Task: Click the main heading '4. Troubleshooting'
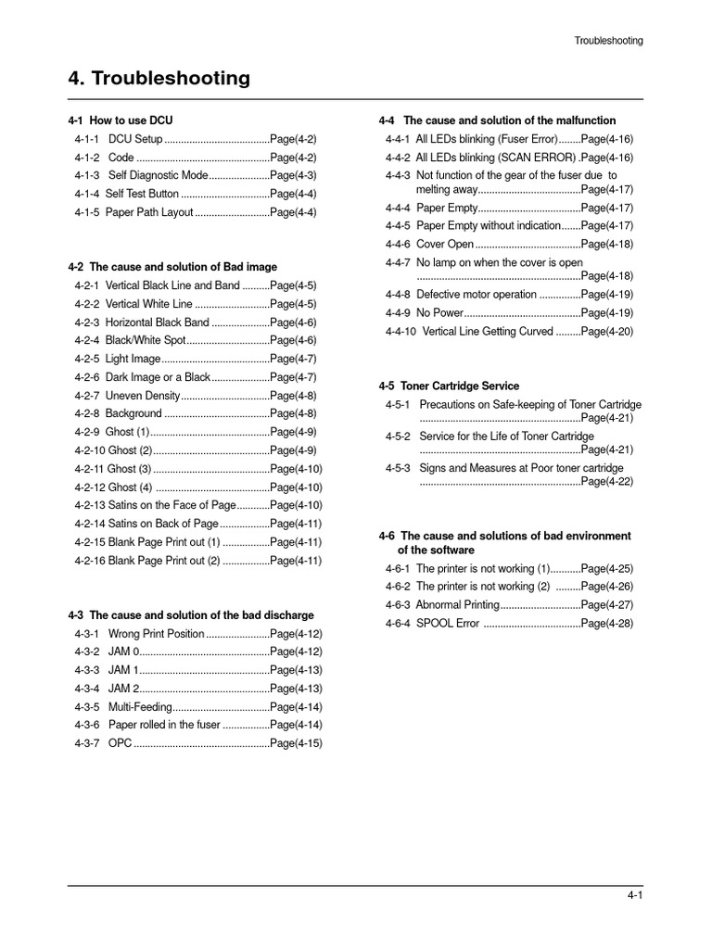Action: click(x=159, y=79)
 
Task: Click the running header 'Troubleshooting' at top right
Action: click(x=608, y=41)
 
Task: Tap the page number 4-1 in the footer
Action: click(x=634, y=894)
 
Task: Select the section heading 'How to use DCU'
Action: click(x=131, y=120)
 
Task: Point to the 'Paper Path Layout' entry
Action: click(x=150, y=212)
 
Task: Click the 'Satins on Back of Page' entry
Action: click(x=163, y=524)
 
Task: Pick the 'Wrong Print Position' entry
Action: click(x=156, y=634)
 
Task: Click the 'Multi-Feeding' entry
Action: click(x=140, y=707)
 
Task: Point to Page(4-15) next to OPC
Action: click(x=296, y=743)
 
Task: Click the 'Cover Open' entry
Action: click(x=445, y=245)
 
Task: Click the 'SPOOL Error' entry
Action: click(x=448, y=624)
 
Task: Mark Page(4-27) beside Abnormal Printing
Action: click(x=607, y=605)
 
